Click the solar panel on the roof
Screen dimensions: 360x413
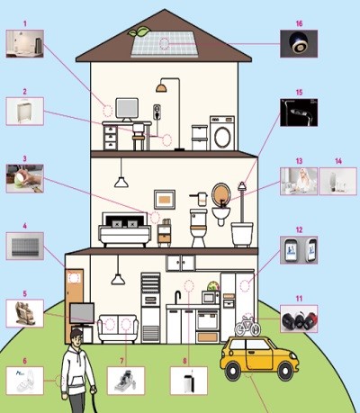pyautogui.click(x=165, y=44)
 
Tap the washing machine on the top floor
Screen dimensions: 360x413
pyautogui.click(x=222, y=133)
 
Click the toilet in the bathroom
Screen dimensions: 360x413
pyautogui.click(x=199, y=228)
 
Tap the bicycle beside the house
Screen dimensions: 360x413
pyautogui.click(x=247, y=326)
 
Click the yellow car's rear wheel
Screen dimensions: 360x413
pyautogui.click(x=284, y=371)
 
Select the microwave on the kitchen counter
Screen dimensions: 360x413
pyautogui.click(x=211, y=298)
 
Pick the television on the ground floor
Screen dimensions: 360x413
pyautogui.click(x=82, y=313)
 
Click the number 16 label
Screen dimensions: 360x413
pyautogui.click(x=299, y=23)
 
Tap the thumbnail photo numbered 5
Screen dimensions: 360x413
pyautogui.click(x=25, y=313)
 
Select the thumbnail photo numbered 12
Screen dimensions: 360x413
pyautogui.click(x=299, y=250)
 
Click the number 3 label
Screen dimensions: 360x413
pyautogui.click(x=25, y=158)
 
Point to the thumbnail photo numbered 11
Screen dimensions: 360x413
pyautogui.click(x=299, y=319)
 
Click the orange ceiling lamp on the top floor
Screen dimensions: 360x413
pyautogui.click(x=161, y=87)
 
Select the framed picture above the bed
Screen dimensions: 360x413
pyautogui.click(x=165, y=200)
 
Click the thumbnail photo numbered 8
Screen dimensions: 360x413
pyautogui.click(x=189, y=381)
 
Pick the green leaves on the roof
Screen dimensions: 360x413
pyautogui.click(x=139, y=31)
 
